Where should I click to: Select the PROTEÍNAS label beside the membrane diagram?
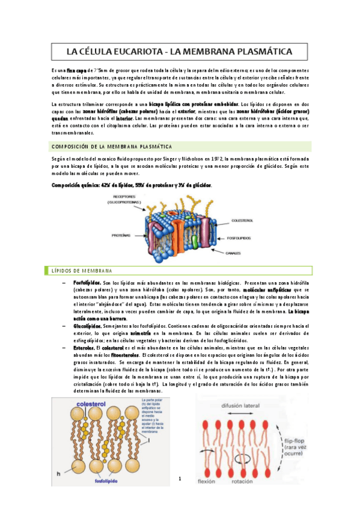[121, 235]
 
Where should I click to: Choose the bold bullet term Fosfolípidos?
[87, 282]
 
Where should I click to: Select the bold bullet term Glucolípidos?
[86, 325]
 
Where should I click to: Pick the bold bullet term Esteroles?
[83, 347]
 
